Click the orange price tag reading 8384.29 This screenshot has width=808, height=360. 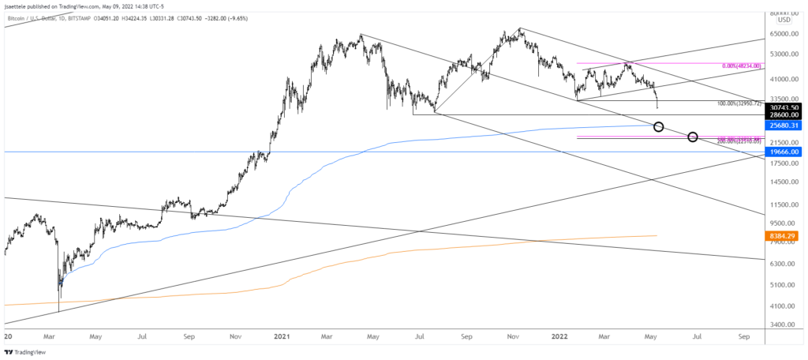pos(787,235)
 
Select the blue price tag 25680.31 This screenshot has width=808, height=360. pos(787,125)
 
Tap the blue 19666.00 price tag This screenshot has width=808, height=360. pos(787,152)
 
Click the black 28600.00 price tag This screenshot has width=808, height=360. pos(787,114)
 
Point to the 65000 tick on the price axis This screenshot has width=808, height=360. pos(780,34)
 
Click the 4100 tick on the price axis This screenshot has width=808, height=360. pos(780,306)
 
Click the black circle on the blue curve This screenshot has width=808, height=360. pos(659,127)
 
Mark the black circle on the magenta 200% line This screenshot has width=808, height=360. pos(693,137)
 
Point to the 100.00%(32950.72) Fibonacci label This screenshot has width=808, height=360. pos(739,103)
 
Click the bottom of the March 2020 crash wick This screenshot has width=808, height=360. pos(59,311)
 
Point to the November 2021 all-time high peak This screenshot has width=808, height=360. pos(519,28)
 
